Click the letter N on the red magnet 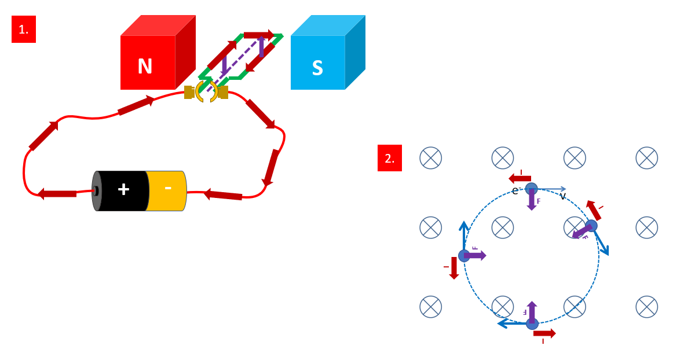coord(145,67)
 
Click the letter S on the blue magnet coord(317,68)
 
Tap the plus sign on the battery coord(123,189)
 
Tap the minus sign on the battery coord(168,188)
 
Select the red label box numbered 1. coord(24,30)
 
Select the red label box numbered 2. coord(390,158)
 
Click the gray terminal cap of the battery coord(97,191)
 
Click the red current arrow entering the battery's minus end coord(223,195)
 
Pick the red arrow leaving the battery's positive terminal coord(57,193)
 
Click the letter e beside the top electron coord(515,191)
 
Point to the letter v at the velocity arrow coord(562,196)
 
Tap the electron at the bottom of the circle coord(532,324)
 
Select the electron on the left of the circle coord(464,255)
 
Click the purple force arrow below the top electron coord(532,200)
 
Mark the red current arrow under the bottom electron coord(544,333)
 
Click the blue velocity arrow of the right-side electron coord(601,243)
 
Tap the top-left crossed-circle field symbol coord(430,158)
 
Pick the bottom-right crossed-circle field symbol coord(646,307)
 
